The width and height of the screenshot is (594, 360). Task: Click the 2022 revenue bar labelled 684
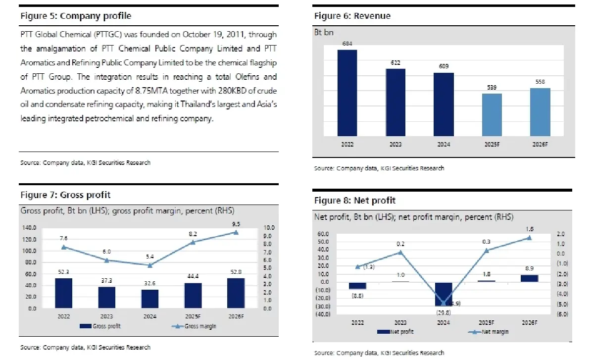pyautogui.click(x=347, y=93)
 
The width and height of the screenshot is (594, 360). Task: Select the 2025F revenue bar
pyautogui.click(x=492, y=114)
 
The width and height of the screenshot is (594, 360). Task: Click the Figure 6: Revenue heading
pyautogui.click(x=352, y=16)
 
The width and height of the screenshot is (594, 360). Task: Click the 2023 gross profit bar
pyautogui.click(x=106, y=297)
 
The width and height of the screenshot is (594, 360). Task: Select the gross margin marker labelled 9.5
pyautogui.click(x=236, y=232)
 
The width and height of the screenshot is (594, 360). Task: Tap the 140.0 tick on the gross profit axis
pyautogui.click(x=30, y=228)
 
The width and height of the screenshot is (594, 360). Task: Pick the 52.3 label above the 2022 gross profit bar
pyautogui.click(x=63, y=272)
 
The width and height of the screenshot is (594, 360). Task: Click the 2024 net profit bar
pyautogui.click(x=444, y=294)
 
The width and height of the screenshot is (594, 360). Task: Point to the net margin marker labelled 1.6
pyautogui.click(x=529, y=238)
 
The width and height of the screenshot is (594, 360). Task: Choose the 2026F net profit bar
pyautogui.click(x=529, y=278)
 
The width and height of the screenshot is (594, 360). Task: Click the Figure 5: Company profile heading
pyautogui.click(x=76, y=16)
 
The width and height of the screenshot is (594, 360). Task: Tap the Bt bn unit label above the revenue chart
pyautogui.click(x=324, y=34)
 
